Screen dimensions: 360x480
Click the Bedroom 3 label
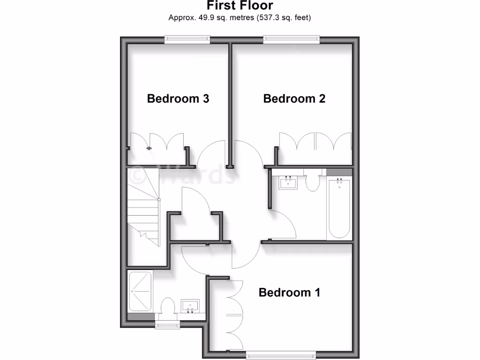click(x=178, y=98)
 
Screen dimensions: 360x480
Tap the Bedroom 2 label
click(x=294, y=98)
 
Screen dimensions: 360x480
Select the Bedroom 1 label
click(x=289, y=292)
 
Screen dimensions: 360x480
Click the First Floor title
click(x=240, y=6)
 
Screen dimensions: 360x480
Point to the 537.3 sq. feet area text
click(x=284, y=18)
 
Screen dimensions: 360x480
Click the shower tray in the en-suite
click(x=140, y=291)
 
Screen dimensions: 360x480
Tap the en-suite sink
click(x=190, y=306)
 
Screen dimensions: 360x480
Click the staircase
click(x=143, y=209)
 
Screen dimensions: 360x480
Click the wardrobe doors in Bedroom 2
click(x=315, y=143)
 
